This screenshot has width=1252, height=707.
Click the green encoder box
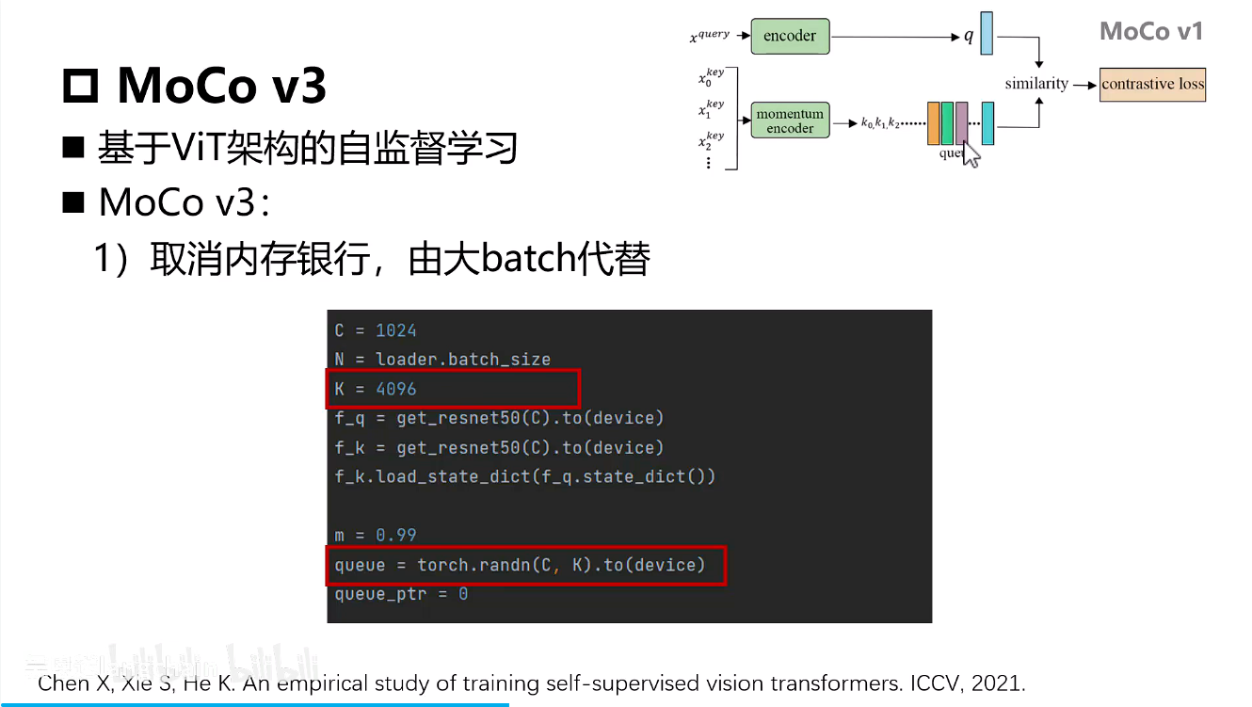pyautogui.click(x=789, y=36)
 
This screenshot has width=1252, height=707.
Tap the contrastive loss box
pyautogui.click(x=1152, y=84)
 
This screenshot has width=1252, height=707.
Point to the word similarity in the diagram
pyautogui.click(x=1036, y=84)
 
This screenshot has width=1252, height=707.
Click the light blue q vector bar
pyautogui.click(x=987, y=33)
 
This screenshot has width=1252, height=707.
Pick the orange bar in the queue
pyautogui.click(x=933, y=123)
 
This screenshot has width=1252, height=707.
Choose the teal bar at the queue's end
pyautogui.click(x=987, y=123)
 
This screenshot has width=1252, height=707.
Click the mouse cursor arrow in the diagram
pyautogui.click(x=971, y=154)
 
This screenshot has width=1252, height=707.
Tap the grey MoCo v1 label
pyautogui.click(x=1151, y=31)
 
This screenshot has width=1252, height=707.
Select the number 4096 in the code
pyautogui.click(x=395, y=389)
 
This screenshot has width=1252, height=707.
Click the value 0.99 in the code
pyautogui.click(x=395, y=535)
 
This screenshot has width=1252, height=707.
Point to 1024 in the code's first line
pyautogui.click(x=395, y=330)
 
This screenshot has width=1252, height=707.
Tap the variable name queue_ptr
pyautogui.click(x=380, y=594)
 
